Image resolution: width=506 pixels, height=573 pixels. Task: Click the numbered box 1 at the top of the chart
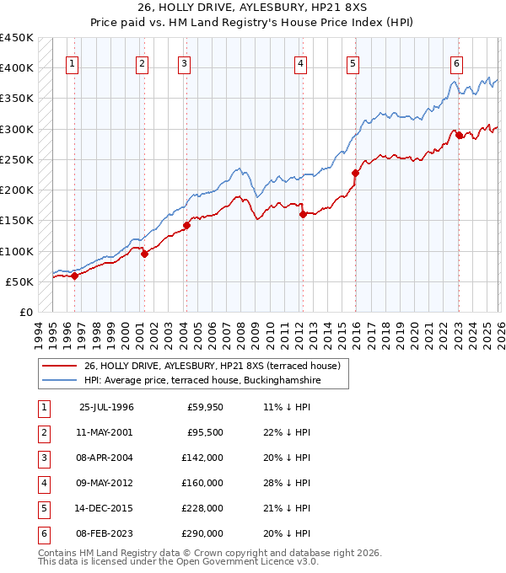[x=73, y=63]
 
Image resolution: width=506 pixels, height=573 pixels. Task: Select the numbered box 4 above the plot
[x=300, y=63]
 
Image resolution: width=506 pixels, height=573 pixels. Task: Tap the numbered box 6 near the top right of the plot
[x=456, y=63]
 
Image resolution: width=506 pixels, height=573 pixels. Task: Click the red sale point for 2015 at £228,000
[x=355, y=173]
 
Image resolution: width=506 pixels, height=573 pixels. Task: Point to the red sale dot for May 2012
[x=303, y=214]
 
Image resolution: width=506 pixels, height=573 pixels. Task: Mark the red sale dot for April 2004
[x=186, y=225]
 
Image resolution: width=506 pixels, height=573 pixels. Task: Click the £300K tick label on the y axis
[x=16, y=129]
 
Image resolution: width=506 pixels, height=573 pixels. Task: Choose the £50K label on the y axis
[x=19, y=281]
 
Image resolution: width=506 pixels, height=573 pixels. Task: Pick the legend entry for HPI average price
[x=202, y=381]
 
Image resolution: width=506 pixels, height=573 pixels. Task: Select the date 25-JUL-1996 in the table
[x=106, y=408]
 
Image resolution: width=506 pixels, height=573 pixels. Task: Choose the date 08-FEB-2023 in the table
[x=106, y=534]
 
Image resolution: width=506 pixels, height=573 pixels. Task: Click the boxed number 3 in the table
[x=42, y=458]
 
